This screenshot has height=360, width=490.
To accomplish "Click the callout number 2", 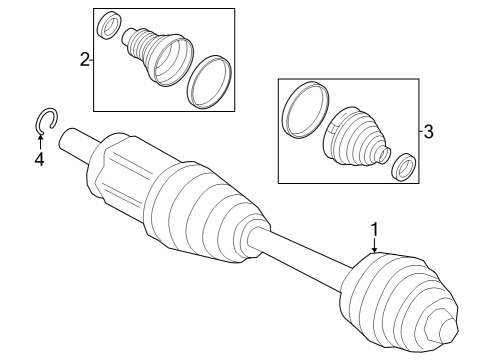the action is click(84, 60).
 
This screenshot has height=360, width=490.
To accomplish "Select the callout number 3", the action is click(428, 131).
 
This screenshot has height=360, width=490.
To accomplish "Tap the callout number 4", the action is click(39, 158).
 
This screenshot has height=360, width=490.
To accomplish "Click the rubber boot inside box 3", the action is click(354, 138).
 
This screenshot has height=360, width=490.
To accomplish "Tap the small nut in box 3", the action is click(405, 167).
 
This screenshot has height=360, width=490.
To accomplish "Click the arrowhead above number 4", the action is click(40, 141).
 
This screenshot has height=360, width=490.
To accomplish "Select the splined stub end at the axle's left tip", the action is click(72, 141).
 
